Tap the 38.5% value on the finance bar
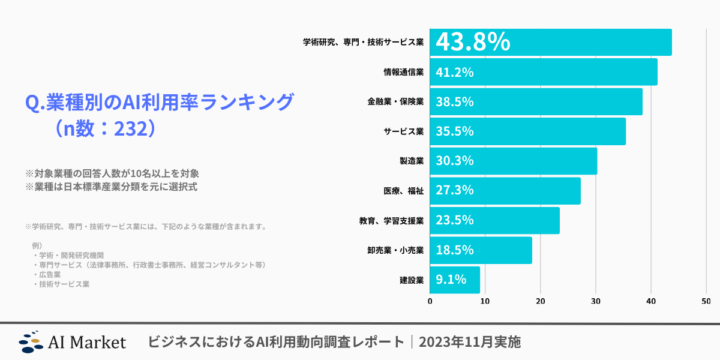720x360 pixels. click(453, 102)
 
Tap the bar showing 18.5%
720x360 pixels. click(480, 249)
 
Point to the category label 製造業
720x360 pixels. click(411, 161)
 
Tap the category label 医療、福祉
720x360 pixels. click(404, 190)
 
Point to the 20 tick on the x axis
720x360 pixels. click(540, 301)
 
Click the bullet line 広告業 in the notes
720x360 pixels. click(48, 273)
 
